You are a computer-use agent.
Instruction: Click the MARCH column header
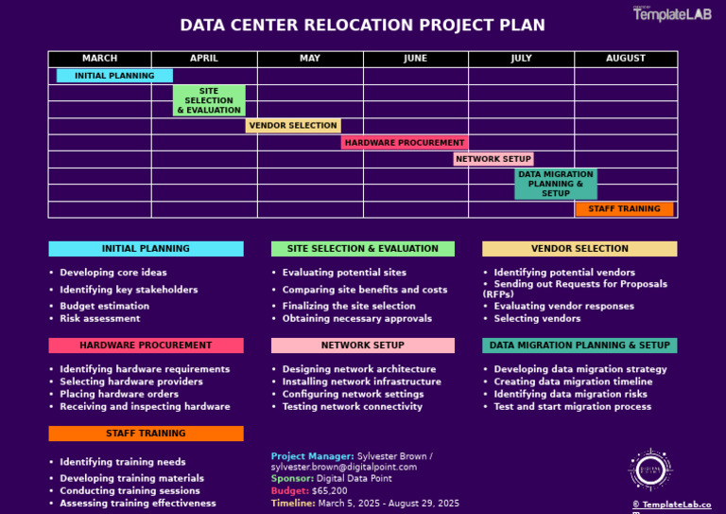pyautogui.click(x=99, y=59)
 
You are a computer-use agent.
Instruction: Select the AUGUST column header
pyautogui.click(x=626, y=59)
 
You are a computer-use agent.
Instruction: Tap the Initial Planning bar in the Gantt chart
pyautogui.click(x=114, y=76)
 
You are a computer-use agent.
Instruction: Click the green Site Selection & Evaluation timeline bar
pyautogui.click(x=209, y=100)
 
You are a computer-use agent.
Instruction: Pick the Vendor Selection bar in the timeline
pyautogui.click(x=293, y=125)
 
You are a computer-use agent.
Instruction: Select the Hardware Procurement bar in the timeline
pyautogui.click(x=405, y=143)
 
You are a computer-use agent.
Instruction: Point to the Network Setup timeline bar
pyautogui.click(x=493, y=159)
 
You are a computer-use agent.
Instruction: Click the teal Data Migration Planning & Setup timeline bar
pyautogui.click(x=556, y=184)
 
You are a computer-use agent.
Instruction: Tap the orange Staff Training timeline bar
pyautogui.click(x=624, y=209)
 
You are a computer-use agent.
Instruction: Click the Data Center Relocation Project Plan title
pyautogui.click(x=362, y=25)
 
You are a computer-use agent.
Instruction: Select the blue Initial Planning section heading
pyautogui.click(x=146, y=249)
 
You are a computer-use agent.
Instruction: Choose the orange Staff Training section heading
pyautogui.click(x=146, y=434)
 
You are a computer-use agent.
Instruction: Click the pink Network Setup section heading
pyautogui.click(x=362, y=346)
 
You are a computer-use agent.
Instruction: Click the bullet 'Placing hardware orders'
pyautogui.click(x=119, y=394)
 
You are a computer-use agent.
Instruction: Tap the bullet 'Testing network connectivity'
pyautogui.click(x=352, y=407)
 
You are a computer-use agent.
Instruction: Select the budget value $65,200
pyautogui.click(x=329, y=491)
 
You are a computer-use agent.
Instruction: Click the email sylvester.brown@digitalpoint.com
pyautogui.click(x=343, y=468)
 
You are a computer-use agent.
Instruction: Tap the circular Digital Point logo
pyautogui.click(x=650, y=470)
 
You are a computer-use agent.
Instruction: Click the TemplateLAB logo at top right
pyautogui.click(x=672, y=13)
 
